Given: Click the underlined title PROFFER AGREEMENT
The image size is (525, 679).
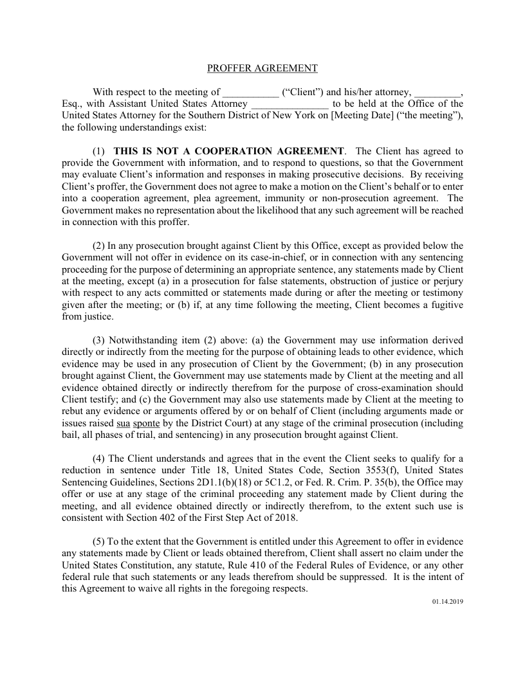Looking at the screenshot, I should [262, 68].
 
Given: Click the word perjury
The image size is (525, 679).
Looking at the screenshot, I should [447, 281].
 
